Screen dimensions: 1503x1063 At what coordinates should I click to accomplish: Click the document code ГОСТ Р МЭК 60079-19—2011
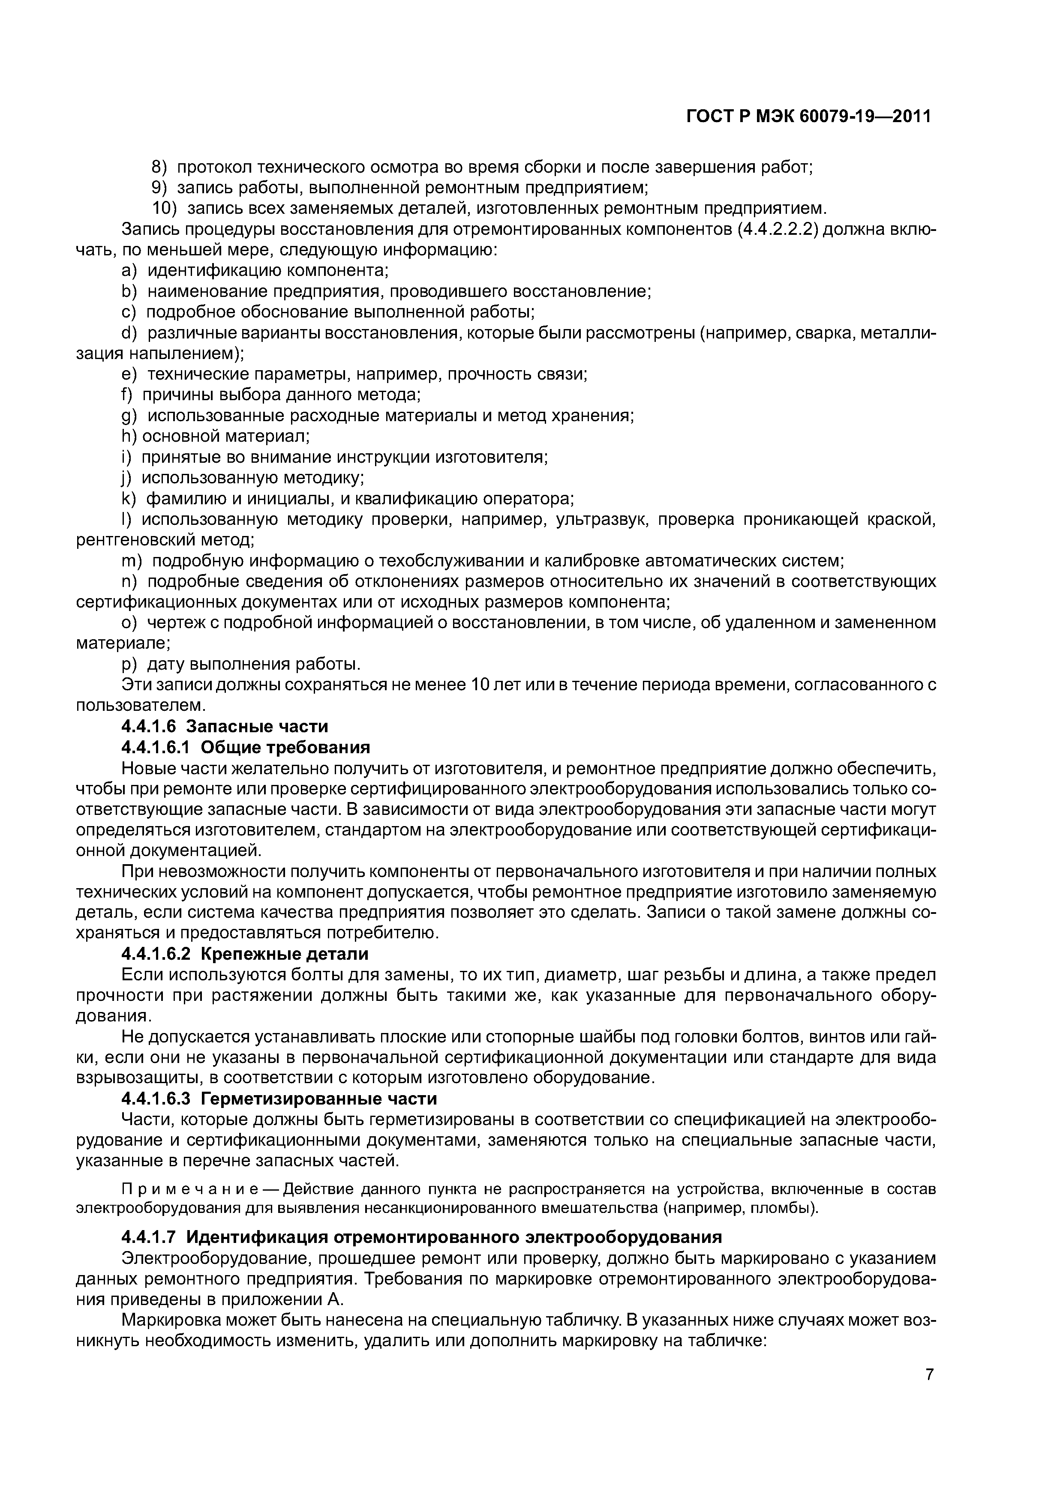[808, 117]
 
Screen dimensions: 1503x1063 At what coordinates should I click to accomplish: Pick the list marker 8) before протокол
[160, 168]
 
